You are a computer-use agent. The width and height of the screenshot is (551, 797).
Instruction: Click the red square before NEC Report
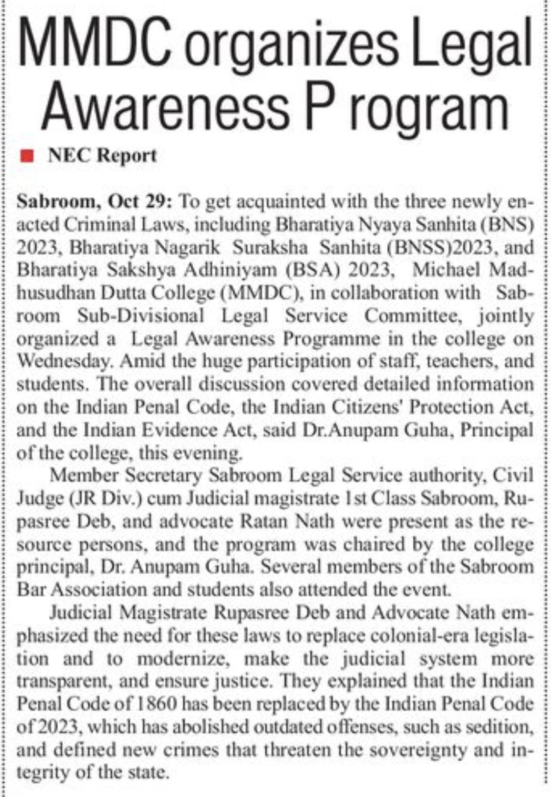(x=28, y=155)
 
